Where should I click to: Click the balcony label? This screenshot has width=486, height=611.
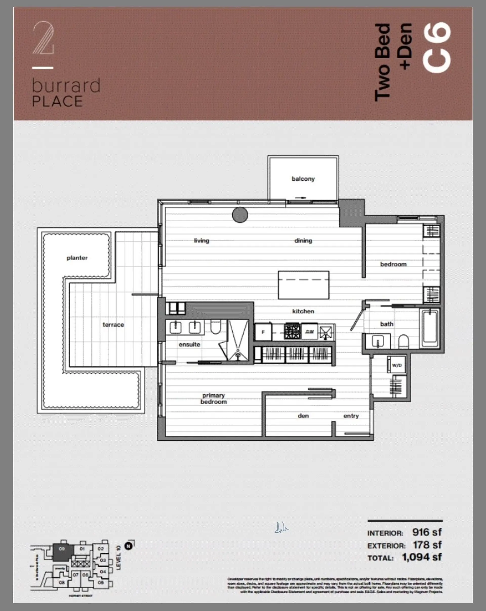pos(303,179)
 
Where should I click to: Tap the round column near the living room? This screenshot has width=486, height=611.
pos(240,215)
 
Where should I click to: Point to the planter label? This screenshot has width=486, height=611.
pos(77,258)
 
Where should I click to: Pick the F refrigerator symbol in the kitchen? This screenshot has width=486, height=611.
pos(263,332)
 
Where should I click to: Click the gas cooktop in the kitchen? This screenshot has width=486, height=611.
pos(292,331)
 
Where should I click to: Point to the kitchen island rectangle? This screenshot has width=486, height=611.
pos(303,285)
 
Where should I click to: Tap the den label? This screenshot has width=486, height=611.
pos(303,416)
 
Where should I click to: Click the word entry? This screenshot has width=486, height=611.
pos(351,416)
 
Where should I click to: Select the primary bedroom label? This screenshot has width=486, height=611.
pos(214,399)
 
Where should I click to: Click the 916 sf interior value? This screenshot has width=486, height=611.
pos(427,532)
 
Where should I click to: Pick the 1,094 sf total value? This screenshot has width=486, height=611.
pos(422,557)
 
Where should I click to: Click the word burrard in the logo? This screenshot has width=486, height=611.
pos(66,86)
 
